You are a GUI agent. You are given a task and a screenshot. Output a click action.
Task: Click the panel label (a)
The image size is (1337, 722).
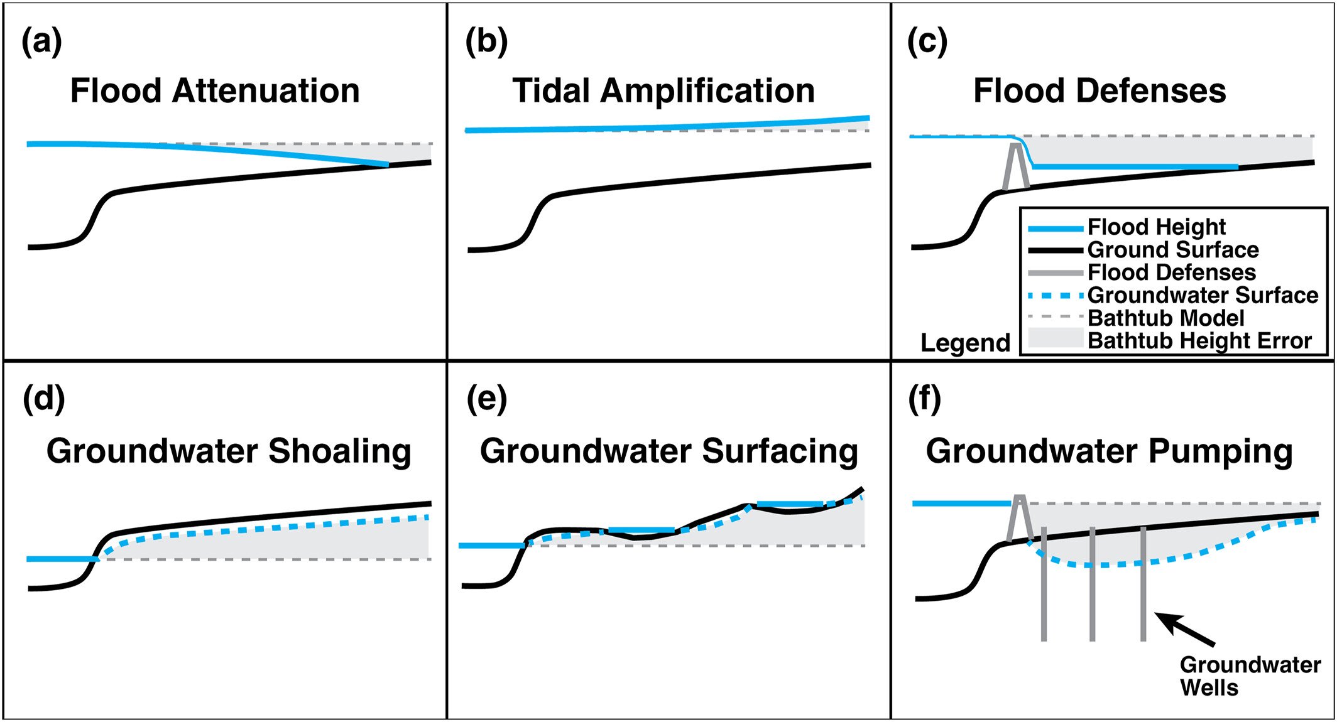(x=42, y=43)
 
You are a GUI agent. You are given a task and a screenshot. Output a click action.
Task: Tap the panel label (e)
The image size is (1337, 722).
(x=487, y=400)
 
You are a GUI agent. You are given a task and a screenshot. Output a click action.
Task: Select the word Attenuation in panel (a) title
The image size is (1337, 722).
(x=266, y=90)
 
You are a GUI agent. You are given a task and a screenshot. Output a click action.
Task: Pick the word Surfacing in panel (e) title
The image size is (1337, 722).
(x=780, y=452)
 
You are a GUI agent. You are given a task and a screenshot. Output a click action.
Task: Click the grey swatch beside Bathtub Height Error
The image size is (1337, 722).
(x=1056, y=338)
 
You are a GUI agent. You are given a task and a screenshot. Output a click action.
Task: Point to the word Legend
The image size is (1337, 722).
(x=965, y=343)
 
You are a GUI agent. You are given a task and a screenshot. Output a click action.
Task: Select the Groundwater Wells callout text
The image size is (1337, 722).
(x=1250, y=676)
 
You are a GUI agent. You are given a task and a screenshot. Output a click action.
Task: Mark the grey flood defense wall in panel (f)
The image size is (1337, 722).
(x=1020, y=519)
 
